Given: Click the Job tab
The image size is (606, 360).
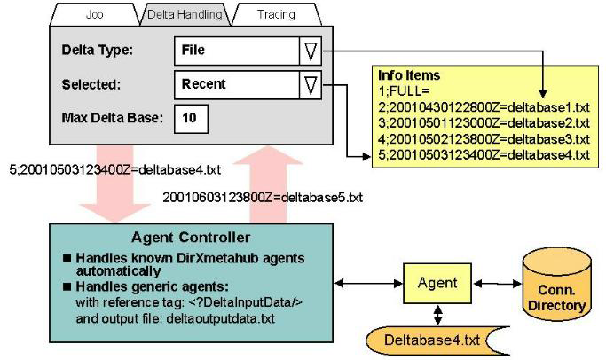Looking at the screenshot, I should point(93,15).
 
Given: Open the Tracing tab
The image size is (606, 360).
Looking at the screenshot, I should point(276,15).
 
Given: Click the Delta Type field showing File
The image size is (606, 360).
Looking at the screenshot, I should point(235,51).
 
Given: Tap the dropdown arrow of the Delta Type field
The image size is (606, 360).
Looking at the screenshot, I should point(310,51).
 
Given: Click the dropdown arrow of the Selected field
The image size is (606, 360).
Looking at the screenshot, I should point(310,85).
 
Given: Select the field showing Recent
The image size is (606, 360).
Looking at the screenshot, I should point(235,85).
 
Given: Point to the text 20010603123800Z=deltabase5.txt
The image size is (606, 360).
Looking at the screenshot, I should point(263,196).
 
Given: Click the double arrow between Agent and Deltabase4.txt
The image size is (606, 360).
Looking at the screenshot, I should point(437,314).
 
